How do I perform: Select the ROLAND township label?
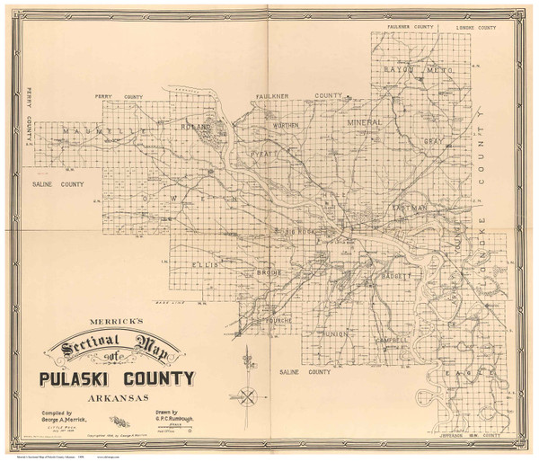click(196, 127)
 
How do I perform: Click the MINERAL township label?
click(367, 120)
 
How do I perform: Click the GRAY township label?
click(436, 142)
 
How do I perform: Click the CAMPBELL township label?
click(388, 341)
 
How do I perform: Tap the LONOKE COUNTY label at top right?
click(476, 28)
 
